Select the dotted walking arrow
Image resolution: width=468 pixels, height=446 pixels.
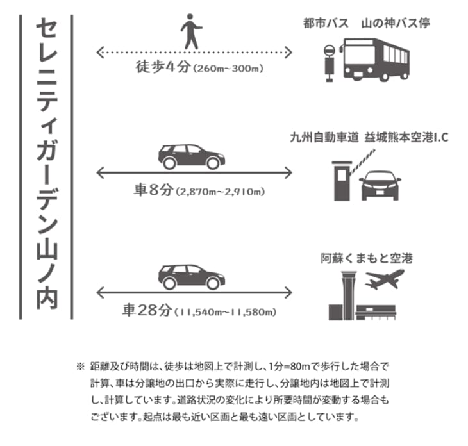(x=195, y=51)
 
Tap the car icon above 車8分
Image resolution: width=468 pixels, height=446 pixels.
(x=190, y=156)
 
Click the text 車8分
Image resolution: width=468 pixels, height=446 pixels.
(x=154, y=190)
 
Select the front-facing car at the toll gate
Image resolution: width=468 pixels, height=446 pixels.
(x=381, y=184)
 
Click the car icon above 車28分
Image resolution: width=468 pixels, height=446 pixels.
(x=190, y=277)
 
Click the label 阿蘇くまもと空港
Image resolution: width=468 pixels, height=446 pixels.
(x=367, y=259)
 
